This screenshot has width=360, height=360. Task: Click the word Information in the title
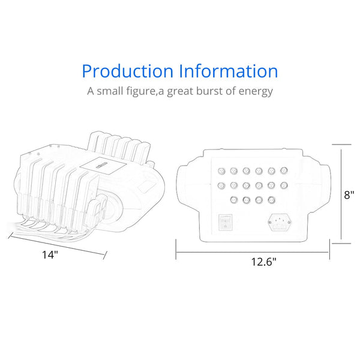pos(229,71)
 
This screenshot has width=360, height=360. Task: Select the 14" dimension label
pos(50,255)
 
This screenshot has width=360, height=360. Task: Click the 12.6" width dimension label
pos(264,261)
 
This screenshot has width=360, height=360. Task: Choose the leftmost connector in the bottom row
pos(233,199)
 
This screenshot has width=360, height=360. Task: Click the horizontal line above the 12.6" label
pos(252,252)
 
